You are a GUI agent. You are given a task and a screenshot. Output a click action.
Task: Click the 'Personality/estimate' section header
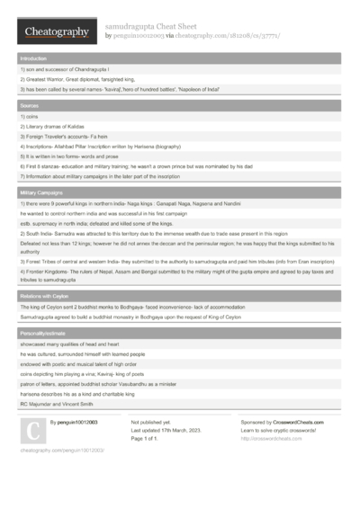[x=45, y=334]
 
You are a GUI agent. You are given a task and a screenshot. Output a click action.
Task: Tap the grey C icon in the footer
[x=31, y=433]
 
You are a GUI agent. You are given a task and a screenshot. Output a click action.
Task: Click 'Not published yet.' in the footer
[x=150, y=421]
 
